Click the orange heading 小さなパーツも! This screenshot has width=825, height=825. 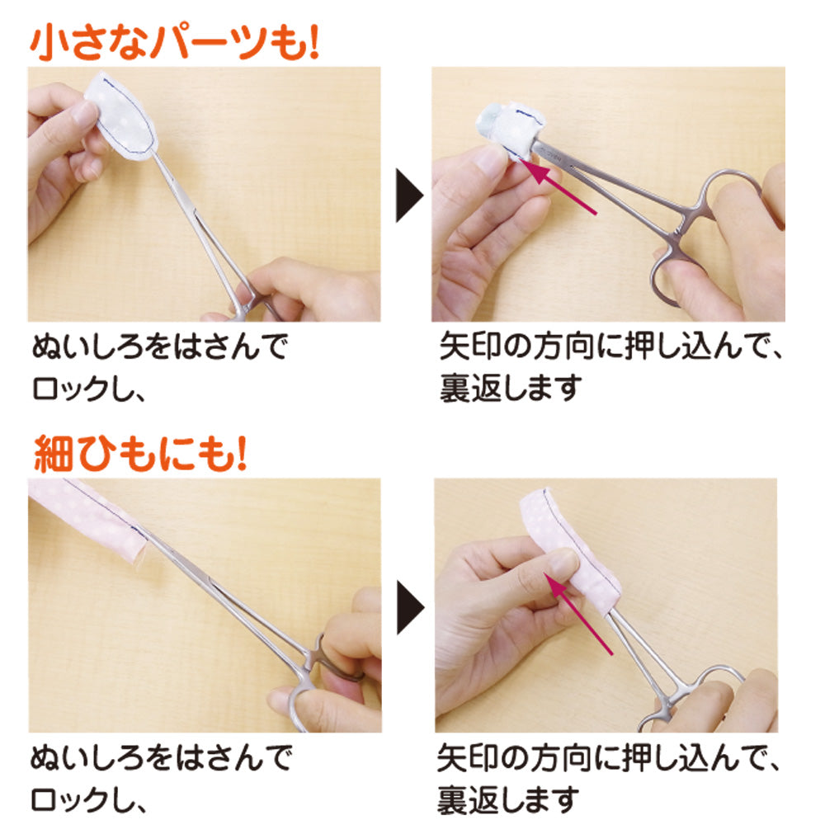coord(173,43)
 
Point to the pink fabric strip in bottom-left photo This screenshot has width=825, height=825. coord(91,516)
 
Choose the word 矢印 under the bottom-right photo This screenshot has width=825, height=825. coord(469,757)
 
